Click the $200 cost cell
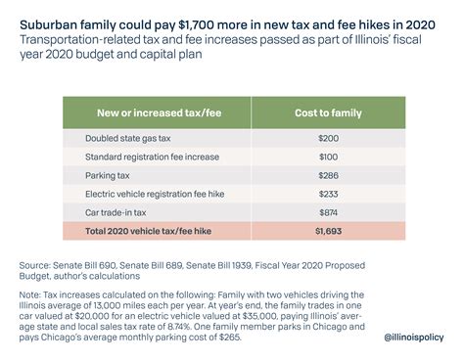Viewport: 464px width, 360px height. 331,139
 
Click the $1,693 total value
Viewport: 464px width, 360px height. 331,232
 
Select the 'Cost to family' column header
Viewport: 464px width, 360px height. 331,112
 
